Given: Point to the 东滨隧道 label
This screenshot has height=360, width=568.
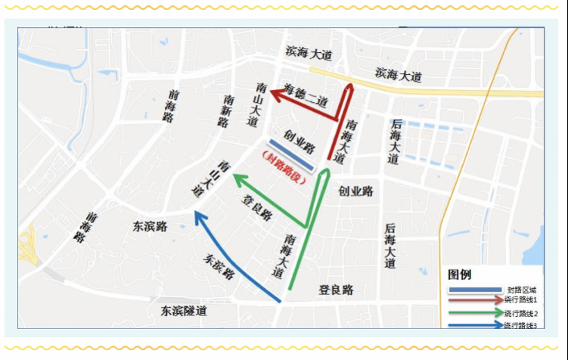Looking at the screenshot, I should coord(184,311).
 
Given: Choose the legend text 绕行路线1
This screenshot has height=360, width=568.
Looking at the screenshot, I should coord(520,299).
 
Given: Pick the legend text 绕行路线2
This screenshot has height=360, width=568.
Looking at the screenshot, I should coord(520,313).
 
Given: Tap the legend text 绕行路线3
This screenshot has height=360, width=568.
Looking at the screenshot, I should coord(520,325).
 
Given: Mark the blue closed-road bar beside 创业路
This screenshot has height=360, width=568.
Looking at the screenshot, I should coord(290,155).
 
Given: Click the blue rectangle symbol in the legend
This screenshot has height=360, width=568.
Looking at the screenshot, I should coord(475,290).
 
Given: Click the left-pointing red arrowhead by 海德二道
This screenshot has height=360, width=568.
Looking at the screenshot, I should coord(278,94).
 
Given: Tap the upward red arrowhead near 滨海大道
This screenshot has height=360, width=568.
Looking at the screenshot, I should coord(349,89).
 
